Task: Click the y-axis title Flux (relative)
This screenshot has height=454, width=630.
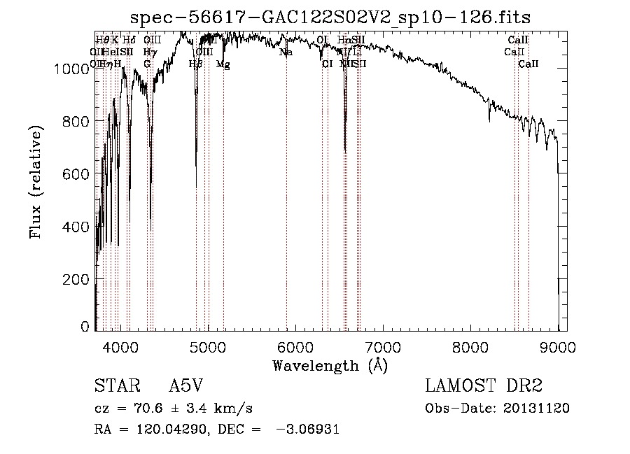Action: point(36,182)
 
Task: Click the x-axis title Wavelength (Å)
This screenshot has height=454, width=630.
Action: point(330,365)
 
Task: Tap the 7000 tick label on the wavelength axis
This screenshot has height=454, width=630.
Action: point(383,346)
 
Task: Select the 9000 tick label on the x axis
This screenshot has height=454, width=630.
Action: point(558,346)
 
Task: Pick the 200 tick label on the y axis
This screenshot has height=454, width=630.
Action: point(78,279)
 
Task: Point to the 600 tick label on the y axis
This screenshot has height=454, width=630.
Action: point(78,173)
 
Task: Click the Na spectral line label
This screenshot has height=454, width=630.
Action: point(286,52)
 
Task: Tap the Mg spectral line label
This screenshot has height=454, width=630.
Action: point(223,64)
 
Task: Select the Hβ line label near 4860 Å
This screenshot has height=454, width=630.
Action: point(196,64)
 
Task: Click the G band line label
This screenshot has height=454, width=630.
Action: point(147,64)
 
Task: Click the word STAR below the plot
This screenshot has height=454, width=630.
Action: point(114,386)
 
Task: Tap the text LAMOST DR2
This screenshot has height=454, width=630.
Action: point(484,386)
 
